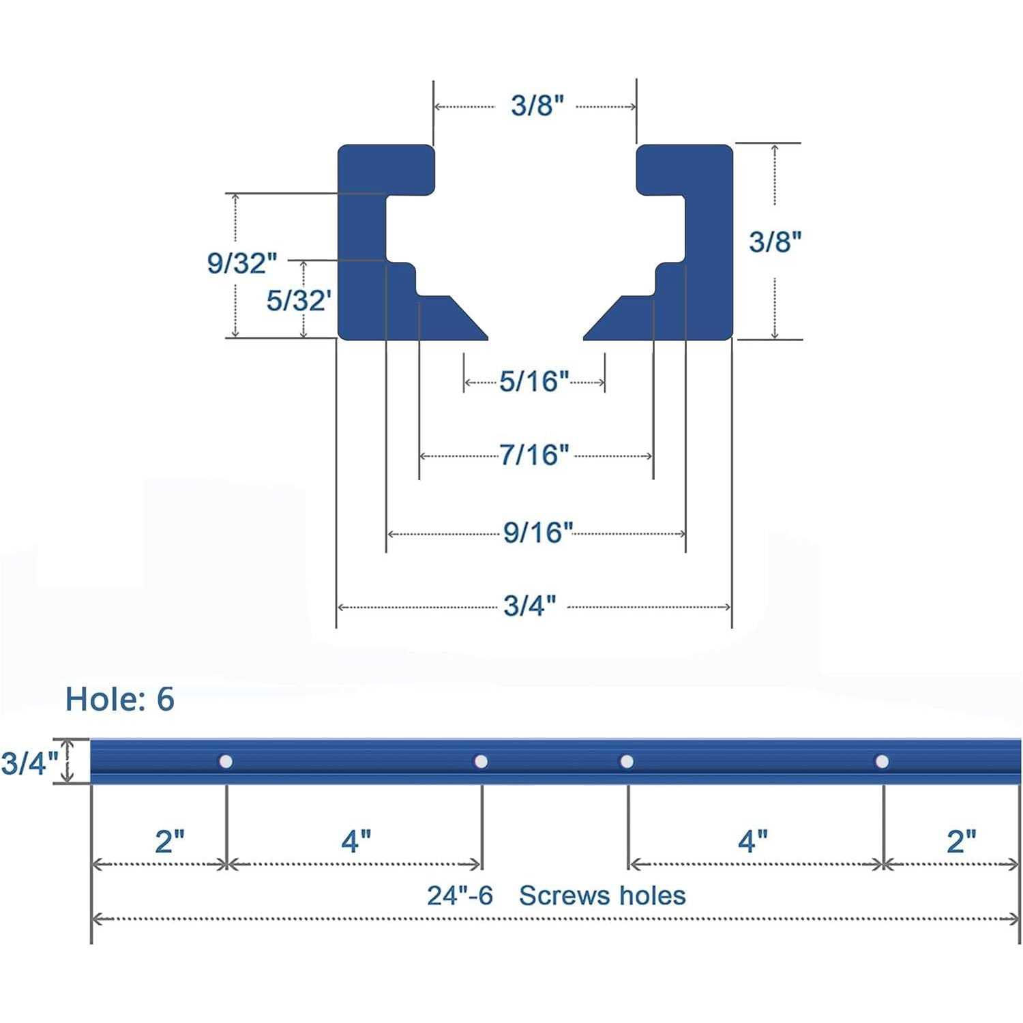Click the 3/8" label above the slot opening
537,106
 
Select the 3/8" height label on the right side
775,241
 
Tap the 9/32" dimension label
242,263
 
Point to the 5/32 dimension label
298,301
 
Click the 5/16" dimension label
533,382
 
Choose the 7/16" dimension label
533,455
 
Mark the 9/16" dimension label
537,533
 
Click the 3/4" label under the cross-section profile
529,606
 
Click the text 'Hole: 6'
120,700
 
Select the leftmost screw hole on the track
225,761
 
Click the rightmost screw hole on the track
882,761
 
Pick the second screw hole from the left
481,761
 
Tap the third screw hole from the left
626,761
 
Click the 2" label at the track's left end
170,842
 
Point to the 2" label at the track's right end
961,842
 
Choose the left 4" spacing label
356,842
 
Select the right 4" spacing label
753,842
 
